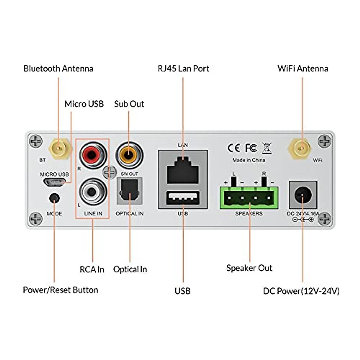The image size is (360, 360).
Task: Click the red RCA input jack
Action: (x=93, y=155)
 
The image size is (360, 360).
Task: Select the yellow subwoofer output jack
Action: (x=129, y=155)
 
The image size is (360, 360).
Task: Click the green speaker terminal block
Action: (x=249, y=198)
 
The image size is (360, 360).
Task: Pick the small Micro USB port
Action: (x=54, y=182)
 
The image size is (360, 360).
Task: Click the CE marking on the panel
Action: (x=234, y=148)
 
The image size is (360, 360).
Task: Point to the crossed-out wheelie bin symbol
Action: (x=267, y=148)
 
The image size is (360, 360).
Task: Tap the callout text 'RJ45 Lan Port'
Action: (x=183, y=69)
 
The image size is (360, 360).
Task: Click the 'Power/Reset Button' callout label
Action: (x=61, y=290)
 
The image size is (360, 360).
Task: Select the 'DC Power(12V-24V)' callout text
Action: (x=301, y=291)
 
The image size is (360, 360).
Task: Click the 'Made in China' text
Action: (x=249, y=160)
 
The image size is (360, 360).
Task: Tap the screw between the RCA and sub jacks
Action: (x=109, y=172)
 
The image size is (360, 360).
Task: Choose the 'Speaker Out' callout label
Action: (x=249, y=268)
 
